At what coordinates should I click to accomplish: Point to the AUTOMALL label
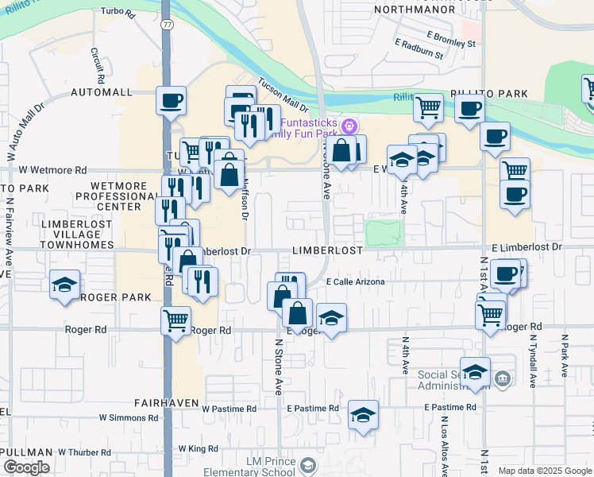tap(101, 92)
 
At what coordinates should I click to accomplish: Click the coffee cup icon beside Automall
tap(171, 101)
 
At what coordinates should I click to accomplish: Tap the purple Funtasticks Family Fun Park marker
tap(347, 126)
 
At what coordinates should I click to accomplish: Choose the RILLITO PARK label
tap(489, 94)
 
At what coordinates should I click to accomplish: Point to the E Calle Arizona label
tap(356, 281)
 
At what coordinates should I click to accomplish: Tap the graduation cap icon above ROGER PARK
tap(64, 285)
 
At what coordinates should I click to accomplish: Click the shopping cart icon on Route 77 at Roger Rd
tap(175, 321)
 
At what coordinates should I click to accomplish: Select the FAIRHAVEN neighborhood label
tap(166, 403)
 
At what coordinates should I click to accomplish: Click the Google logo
tap(26, 467)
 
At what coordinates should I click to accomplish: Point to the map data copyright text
tap(544, 471)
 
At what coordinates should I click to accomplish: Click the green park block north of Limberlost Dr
tap(384, 233)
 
